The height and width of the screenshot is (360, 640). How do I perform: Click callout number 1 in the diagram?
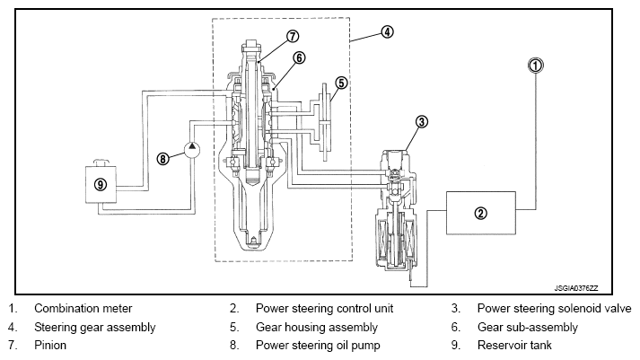point(536,66)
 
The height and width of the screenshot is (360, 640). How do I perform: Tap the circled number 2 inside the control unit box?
point(481,213)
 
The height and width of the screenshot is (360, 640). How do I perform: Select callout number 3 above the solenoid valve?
point(422,121)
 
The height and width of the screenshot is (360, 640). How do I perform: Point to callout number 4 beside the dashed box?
point(387,31)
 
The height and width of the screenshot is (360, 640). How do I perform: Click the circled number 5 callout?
point(341,83)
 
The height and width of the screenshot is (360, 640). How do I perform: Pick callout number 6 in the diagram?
point(299,58)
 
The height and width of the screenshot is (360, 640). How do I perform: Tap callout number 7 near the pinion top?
point(293,36)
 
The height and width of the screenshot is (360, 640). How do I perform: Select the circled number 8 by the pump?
point(162,158)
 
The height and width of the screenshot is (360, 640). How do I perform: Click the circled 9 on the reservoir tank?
point(101,185)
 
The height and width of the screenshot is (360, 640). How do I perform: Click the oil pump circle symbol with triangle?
point(192,149)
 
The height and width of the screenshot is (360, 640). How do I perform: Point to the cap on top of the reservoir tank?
point(101,162)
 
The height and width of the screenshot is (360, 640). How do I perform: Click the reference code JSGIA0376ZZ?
point(576,288)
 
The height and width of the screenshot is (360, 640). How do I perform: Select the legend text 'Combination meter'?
point(83,308)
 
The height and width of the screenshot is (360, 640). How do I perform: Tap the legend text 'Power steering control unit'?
point(325,308)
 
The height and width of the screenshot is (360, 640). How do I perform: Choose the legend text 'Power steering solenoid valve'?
point(555,308)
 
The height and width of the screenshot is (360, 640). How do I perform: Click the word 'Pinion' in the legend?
point(50,346)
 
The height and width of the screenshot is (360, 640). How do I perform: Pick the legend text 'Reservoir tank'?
point(514,346)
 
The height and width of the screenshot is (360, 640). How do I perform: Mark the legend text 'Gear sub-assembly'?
point(528,327)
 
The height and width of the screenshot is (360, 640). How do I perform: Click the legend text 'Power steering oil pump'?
point(318,346)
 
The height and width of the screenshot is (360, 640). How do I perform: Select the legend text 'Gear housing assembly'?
point(317,327)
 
